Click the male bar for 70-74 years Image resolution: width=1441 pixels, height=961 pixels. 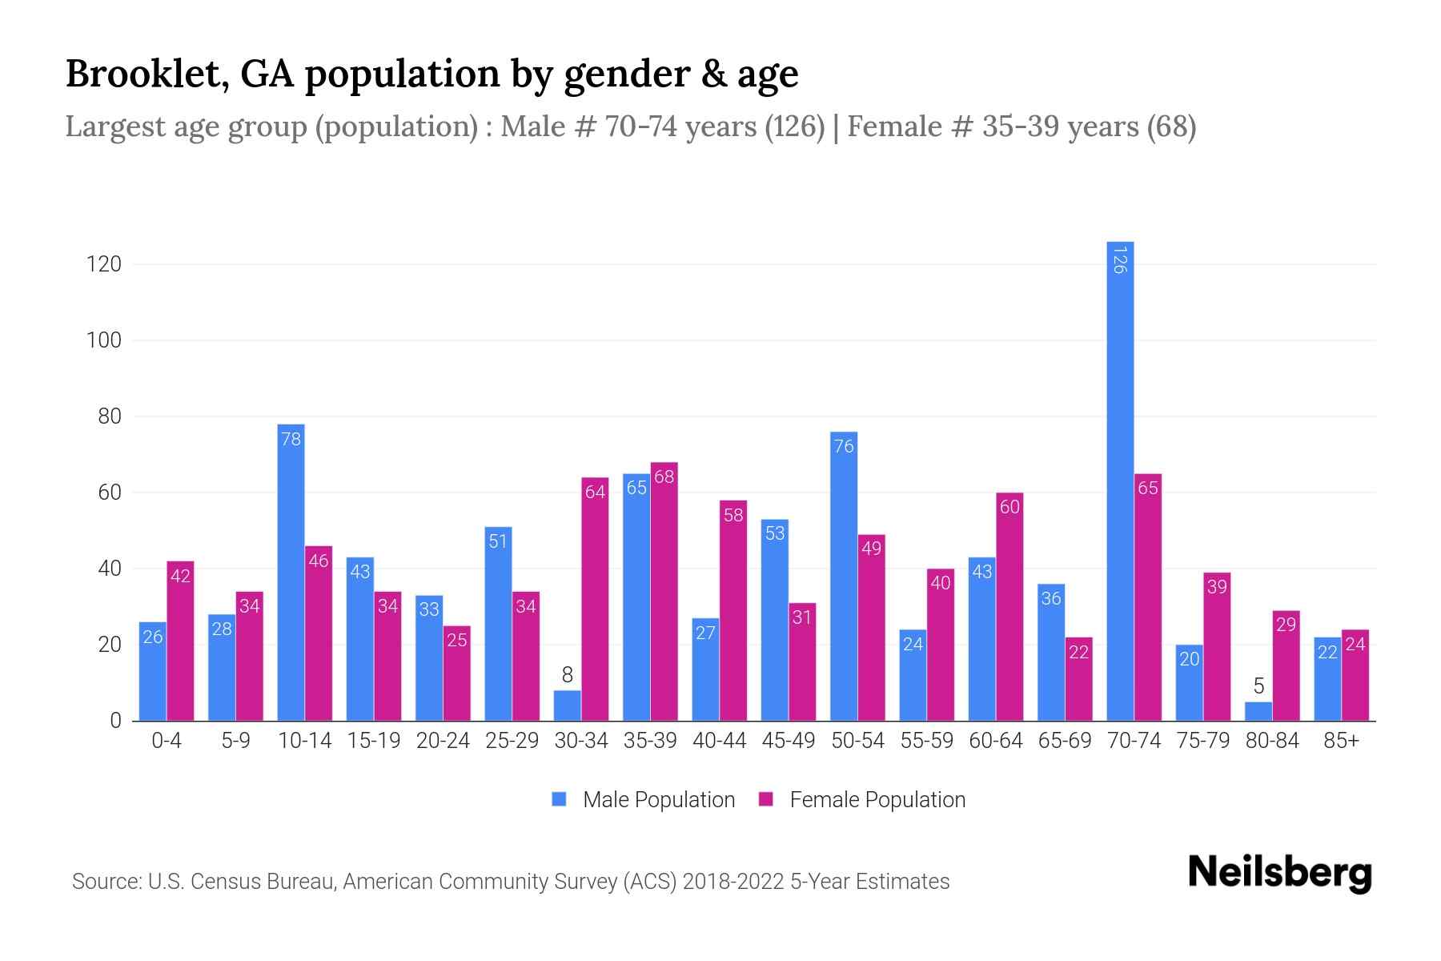1120,480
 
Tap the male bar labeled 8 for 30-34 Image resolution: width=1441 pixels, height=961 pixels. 567,706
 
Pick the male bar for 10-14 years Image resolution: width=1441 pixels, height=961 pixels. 291,573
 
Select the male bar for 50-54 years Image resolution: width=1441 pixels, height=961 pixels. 844,577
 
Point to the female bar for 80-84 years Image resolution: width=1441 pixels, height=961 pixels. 1286,665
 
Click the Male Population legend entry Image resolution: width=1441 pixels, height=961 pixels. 643,800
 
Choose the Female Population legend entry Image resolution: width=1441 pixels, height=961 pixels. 862,800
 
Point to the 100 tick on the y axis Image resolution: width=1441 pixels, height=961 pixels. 104,340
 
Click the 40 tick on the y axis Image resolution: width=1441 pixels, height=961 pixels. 110,569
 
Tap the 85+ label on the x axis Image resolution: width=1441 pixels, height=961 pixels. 1341,741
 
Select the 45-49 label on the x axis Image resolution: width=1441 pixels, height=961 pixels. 789,741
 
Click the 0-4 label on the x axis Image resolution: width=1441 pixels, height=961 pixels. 167,741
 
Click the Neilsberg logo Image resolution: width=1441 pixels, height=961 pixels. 1279,873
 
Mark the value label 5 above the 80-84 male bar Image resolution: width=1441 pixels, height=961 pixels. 1258,686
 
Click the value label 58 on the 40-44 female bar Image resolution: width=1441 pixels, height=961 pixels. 733,515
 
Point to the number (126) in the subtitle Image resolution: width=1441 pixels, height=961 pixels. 794,127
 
